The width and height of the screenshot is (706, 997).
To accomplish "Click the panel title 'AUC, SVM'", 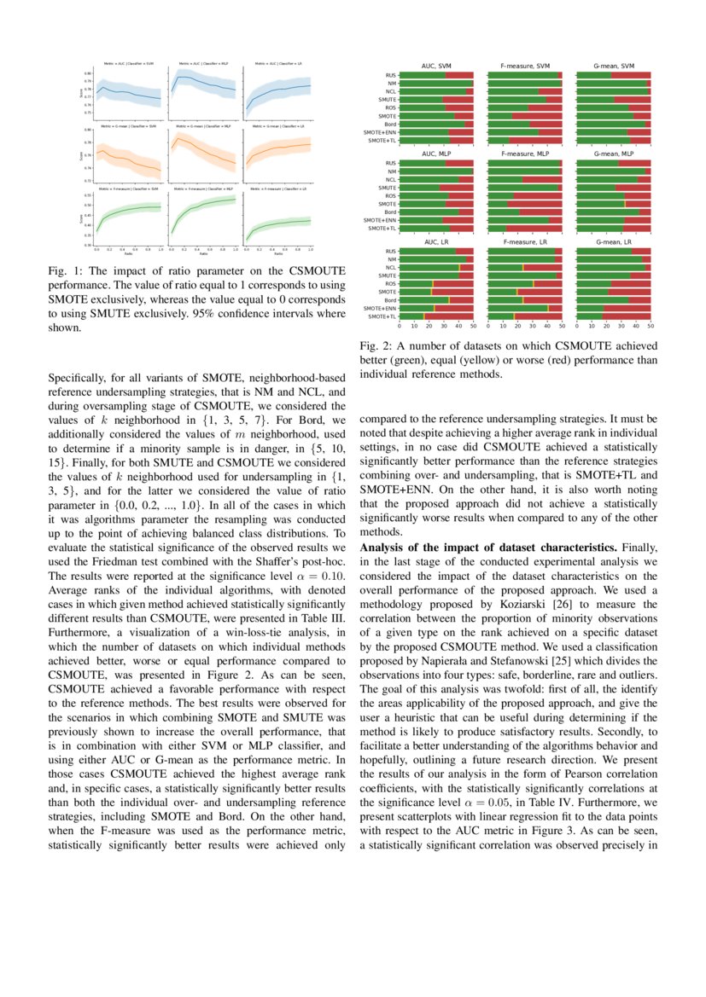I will click(x=436, y=67).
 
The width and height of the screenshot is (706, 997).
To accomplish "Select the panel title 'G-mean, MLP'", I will click(x=614, y=154).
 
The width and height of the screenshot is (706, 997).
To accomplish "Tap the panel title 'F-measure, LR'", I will click(x=524, y=243).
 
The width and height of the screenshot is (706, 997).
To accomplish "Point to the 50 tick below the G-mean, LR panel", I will click(x=651, y=326).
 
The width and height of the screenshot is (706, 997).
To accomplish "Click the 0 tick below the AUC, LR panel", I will click(x=400, y=326).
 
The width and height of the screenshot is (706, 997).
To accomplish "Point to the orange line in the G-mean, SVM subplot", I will click(x=128, y=159).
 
